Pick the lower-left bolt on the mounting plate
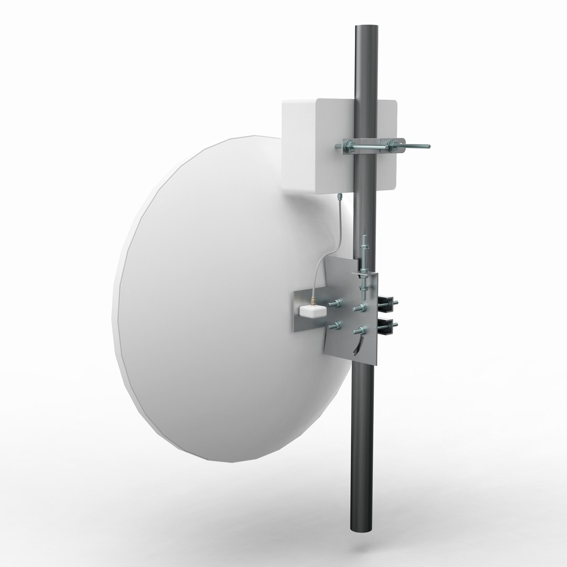333,327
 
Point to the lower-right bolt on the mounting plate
360,331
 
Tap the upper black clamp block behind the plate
387,302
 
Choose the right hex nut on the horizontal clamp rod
397,144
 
